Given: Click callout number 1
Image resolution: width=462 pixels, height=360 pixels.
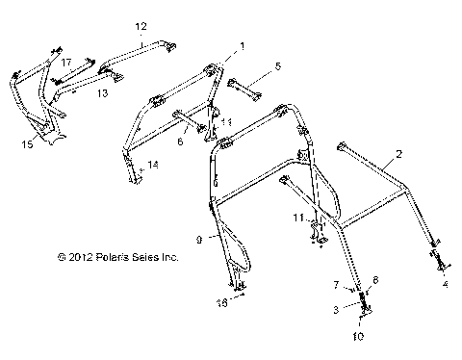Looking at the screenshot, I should click(x=242, y=45).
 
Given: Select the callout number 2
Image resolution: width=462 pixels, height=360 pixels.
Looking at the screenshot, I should click(x=398, y=153).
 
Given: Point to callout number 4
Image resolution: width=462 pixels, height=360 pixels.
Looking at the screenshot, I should click(x=445, y=285).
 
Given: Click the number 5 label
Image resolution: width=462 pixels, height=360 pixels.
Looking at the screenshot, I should click(x=277, y=66).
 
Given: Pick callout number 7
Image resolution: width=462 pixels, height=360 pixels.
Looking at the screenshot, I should click(x=336, y=286).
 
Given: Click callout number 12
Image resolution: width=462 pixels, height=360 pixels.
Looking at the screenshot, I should click(x=141, y=26).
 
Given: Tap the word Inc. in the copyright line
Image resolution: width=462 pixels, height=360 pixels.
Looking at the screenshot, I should click(x=169, y=258).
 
